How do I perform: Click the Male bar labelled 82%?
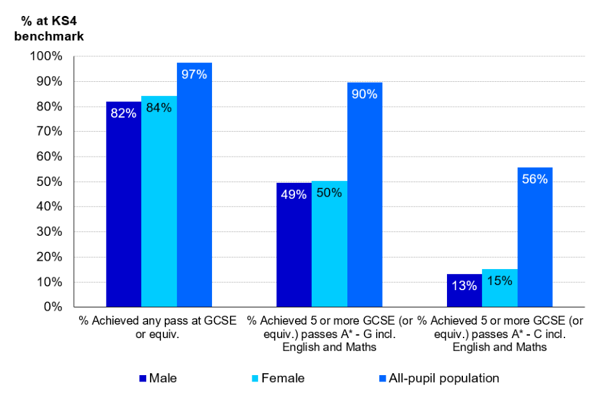tap(123, 204)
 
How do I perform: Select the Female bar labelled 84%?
tap(159, 201)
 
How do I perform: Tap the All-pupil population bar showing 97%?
tap(194, 185)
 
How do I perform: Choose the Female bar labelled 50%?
tap(329, 244)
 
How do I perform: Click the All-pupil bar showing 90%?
tap(365, 195)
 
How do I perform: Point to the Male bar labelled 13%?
tap(464, 291)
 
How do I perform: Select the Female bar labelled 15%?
tap(500, 288)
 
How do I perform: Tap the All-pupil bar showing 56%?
tap(535, 237)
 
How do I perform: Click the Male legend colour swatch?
tap(143, 378)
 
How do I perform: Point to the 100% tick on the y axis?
tap(46, 56)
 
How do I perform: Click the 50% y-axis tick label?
tap(49, 182)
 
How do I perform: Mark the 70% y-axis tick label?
tap(49, 132)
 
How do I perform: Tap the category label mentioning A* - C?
tap(500, 334)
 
